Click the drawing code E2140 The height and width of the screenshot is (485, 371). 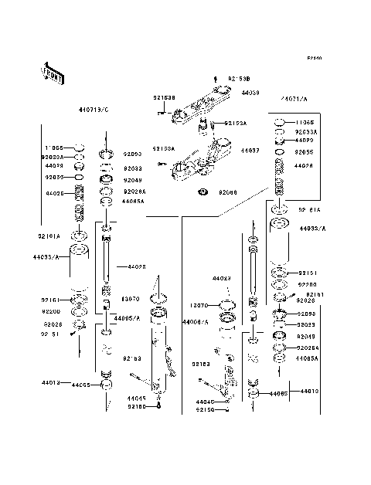[x=313, y=58]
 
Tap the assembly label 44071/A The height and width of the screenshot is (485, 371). [x=294, y=100]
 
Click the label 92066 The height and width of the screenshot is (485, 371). [x=227, y=192]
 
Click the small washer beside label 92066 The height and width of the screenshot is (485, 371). [x=203, y=192]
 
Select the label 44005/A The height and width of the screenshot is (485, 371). [x=126, y=318]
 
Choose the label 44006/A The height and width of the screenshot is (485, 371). [x=196, y=321]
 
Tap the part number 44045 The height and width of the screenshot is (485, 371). [x=136, y=399]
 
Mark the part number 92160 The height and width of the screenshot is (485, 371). [x=136, y=406]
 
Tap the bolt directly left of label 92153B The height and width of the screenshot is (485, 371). [x=213, y=79]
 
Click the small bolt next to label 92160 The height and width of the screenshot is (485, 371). [x=158, y=405]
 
